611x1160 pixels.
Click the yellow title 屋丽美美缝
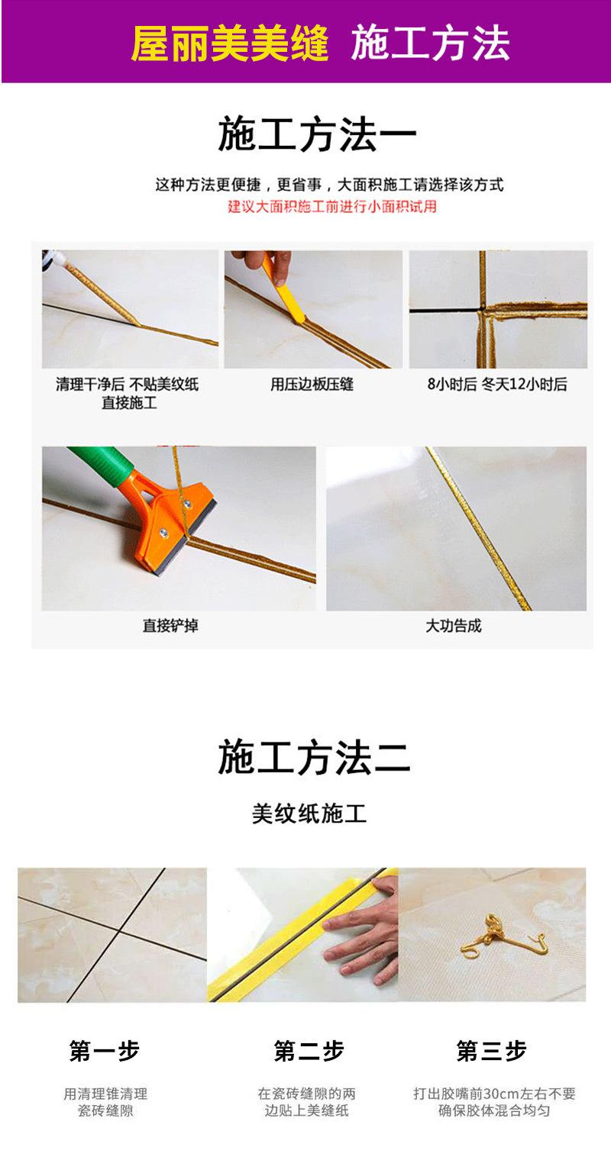point(229,43)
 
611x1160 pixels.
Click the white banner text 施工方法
point(430,43)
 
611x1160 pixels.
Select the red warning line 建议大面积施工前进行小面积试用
point(332,207)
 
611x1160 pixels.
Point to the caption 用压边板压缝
point(312,385)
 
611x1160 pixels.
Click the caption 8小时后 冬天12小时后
point(496,385)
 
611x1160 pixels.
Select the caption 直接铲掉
point(170,626)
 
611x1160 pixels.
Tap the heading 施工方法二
point(314,758)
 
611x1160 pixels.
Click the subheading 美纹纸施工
point(309,814)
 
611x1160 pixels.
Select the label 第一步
point(105,1051)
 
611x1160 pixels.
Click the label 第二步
point(309,1051)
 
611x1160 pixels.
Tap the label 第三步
point(491,1051)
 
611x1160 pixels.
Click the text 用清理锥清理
point(105,1094)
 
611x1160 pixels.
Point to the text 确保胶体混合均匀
point(494,1111)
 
